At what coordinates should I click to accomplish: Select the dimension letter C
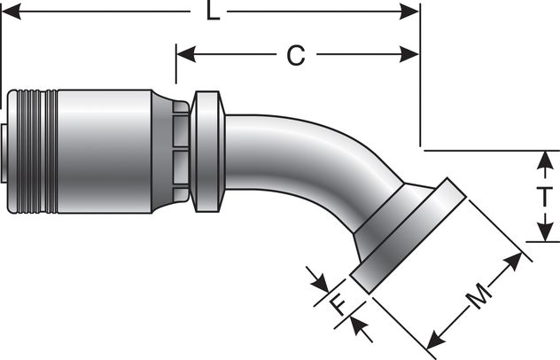click(295, 55)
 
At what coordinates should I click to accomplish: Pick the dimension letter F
click(337, 306)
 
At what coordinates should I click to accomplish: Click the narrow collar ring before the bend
click(207, 151)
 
